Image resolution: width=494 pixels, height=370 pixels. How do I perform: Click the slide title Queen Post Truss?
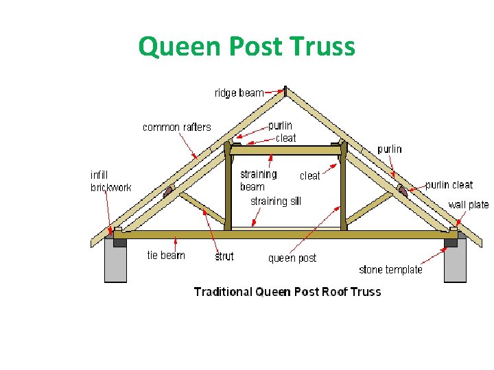click(x=246, y=47)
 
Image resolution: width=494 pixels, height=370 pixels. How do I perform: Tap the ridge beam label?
click(x=239, y=92)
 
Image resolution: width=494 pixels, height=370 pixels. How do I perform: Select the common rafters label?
click(x=176, y=127)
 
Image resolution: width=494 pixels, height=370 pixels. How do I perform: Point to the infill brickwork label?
click(x=110, y=181)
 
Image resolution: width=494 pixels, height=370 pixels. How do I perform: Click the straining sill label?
click(x=275, y=201)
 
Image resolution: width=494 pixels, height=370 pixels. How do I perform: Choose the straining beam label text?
click(x=258, y=180)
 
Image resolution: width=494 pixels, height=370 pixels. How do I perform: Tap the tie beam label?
click(x=166, y=255)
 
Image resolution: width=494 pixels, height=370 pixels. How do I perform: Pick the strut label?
click(x=224, y=256)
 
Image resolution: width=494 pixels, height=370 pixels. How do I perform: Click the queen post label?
click(x=292, y=258)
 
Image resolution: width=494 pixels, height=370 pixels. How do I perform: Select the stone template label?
click(x=390, y=269)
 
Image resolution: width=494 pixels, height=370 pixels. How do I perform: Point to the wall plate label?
click(x=469, y=204)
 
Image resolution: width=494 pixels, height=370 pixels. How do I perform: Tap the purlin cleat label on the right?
click(x=449, y=184)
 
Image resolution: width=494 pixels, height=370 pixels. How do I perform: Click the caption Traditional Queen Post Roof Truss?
click(x=287, y=291)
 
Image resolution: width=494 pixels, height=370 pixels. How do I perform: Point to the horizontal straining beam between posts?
click(x=285, y=150)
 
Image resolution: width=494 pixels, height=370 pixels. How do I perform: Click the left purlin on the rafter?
click(x=168, y=190)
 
